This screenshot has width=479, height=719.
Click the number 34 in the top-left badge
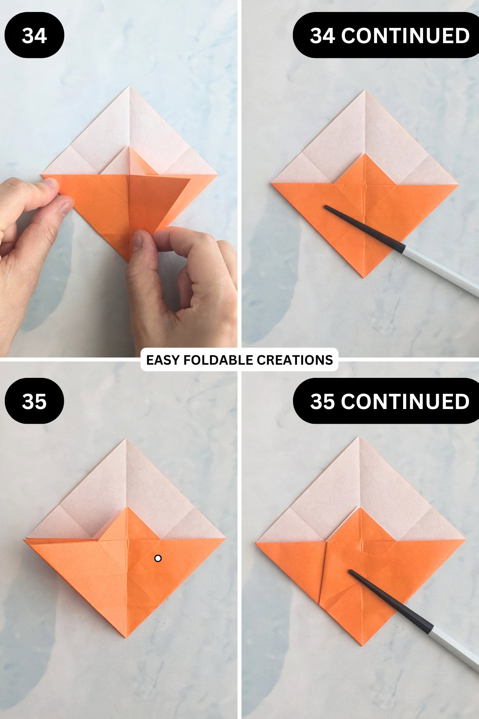coord(34,36)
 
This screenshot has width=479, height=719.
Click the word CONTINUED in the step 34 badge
coord(405,36)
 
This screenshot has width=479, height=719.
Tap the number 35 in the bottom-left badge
coord(34,401)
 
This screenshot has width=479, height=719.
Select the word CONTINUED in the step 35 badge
coord(405,401)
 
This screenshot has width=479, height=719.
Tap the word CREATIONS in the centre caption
coord(295,360)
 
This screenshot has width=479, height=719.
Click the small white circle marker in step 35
coord(158,558)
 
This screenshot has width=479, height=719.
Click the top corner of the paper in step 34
coord(129,87)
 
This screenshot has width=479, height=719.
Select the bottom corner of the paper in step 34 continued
coord(363,277)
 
